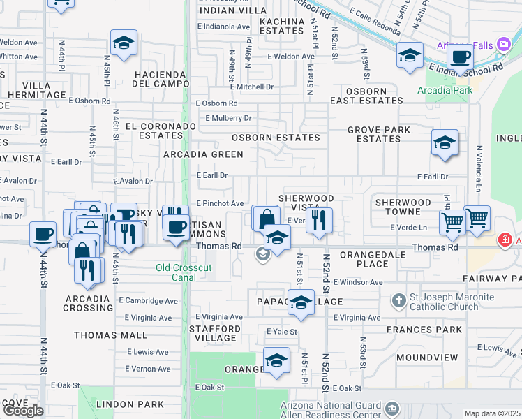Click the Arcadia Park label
445,90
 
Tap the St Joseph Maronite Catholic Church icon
398,301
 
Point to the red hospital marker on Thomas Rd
504,240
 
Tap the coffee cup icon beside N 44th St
43,234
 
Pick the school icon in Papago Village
301,302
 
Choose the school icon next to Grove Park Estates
445,143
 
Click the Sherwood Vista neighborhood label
306,203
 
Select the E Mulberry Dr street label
228,118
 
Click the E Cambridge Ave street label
148,301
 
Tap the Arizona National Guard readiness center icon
392,408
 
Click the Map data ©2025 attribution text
492,413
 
